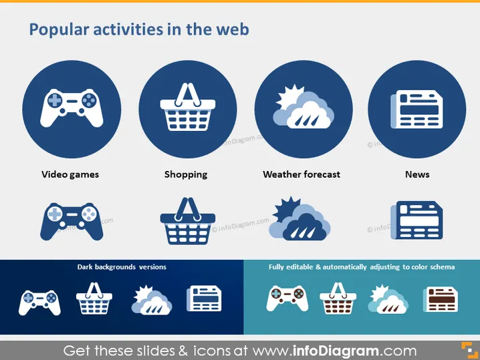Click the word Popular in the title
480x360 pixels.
(59, 30)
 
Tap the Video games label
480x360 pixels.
(70, 174)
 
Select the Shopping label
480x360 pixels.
(186, 174)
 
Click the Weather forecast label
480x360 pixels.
(302, 174)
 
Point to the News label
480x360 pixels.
(417, 174)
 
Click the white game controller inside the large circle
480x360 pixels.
(72, 108)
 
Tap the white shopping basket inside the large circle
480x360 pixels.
(188, 107)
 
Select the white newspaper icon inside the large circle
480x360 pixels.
(416, 109)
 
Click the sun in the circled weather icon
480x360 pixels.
(289, 95)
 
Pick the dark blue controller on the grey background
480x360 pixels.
(72, 222)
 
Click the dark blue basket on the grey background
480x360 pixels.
(188, 221)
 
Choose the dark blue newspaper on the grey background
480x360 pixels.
(416, 220)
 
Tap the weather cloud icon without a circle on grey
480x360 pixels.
(299, 218)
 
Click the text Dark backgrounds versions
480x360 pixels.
(122, 267)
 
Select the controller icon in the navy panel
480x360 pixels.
(39, 303)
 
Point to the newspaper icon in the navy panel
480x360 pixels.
(204, 299)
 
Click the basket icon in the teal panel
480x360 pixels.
(338, 298)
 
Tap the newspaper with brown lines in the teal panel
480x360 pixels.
(441, 299)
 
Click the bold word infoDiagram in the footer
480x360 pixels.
(336, 351)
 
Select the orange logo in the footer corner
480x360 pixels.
(469, 350)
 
